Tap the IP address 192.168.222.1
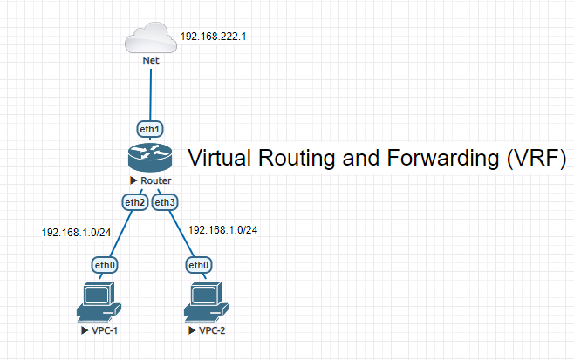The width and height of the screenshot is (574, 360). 214,37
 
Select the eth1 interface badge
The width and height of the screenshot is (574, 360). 150,129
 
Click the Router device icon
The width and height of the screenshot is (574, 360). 150,158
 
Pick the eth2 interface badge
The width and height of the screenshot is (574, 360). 134,202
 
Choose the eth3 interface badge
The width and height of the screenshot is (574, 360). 164,202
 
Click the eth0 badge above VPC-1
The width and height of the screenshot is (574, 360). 103,264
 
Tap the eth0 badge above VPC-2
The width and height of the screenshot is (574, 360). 199,264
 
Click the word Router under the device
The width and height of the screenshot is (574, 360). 155,180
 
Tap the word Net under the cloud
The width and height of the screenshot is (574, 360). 150,61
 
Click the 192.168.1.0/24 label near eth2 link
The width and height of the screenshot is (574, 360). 77,233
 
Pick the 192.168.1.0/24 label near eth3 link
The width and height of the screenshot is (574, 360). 223,230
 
